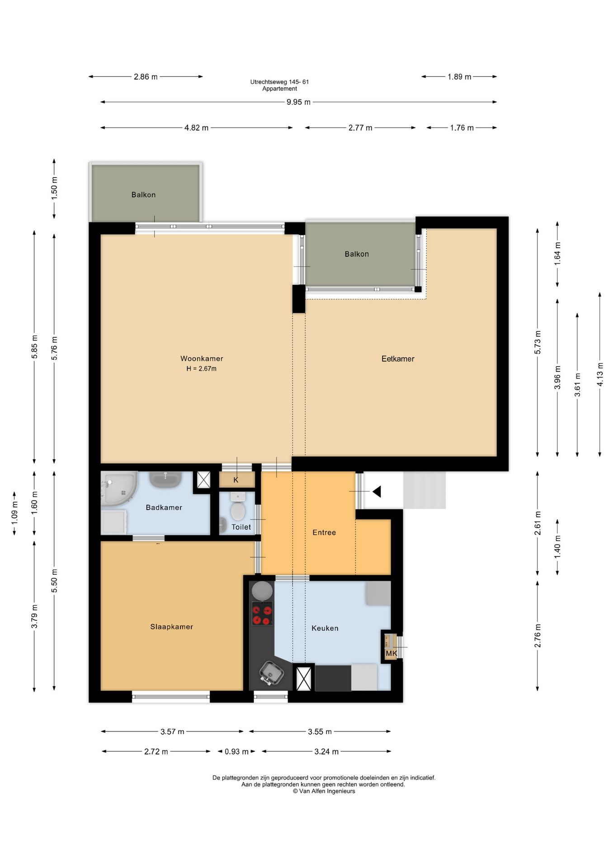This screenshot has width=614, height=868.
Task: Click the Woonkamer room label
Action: tap(202, 359)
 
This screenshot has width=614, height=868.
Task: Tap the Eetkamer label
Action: tap(398, 359)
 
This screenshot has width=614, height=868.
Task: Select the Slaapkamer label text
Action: tap(172, 627)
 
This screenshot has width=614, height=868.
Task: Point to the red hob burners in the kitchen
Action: tap(262, 613)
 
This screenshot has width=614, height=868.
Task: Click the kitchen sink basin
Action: tap(272, 673)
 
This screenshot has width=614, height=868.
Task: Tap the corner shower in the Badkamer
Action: tap(118, 489)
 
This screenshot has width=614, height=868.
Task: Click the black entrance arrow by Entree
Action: tap(377, 491)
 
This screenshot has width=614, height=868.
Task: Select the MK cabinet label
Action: tap(391, 653)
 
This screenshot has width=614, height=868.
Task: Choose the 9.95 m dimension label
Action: tap(298, 102)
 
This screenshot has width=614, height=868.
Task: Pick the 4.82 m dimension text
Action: tap(196, 128)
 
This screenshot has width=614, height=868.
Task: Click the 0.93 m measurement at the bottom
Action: tap(236, 751)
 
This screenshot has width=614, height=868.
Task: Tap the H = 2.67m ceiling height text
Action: tap(201, 368)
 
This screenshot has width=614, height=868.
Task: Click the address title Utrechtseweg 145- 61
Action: tap(279, 82)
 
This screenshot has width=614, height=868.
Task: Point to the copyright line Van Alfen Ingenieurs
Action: tap(324, 791)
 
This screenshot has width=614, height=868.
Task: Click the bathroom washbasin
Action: tap(165, 479)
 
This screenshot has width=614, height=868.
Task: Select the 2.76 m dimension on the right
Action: tap(538, 636)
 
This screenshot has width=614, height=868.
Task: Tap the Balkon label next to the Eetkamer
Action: tap(357, 254)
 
